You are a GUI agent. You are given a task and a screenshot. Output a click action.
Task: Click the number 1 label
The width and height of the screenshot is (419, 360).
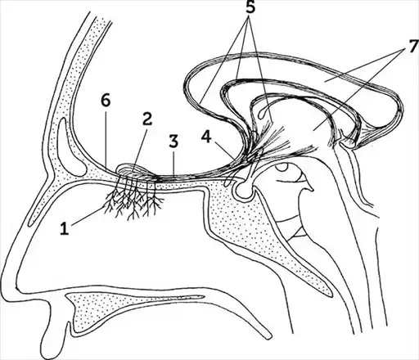click(65, 228)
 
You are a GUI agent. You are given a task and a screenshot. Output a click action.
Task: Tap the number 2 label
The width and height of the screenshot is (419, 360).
click(146, 119)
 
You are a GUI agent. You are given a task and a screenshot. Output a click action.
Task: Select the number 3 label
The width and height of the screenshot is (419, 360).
click(173, 142)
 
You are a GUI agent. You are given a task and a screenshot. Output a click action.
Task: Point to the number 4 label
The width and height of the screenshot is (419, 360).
click(206, 137)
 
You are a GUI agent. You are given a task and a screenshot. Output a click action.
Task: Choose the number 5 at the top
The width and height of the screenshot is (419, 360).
click(250, 7)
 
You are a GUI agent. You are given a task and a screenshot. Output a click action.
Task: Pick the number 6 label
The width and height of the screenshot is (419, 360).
click(106, 101)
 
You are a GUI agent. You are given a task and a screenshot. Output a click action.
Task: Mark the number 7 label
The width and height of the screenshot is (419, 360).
click(412, 47)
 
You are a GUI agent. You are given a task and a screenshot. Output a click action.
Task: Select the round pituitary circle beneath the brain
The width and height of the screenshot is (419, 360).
click(244, 189)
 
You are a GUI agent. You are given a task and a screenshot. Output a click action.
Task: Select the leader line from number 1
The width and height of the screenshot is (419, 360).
click(88, 216)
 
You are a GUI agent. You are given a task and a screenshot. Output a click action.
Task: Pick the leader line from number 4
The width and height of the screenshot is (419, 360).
click(222, 150)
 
